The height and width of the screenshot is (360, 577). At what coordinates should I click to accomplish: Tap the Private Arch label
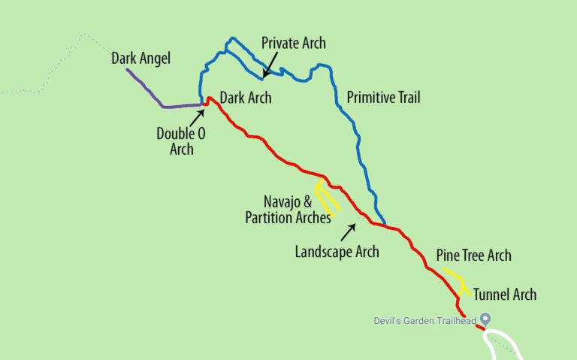[293, 43]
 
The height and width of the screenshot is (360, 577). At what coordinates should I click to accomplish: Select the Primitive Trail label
[383, 98]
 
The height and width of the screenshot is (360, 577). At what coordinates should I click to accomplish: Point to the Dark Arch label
[246, 98]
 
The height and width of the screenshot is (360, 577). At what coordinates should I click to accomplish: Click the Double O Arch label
[177, 141]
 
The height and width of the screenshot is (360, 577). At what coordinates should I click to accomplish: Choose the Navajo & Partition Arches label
[288, 210]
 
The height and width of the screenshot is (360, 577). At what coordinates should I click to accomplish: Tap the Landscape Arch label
[337, 252]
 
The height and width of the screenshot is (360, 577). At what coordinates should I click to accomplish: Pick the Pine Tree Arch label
[473, 256]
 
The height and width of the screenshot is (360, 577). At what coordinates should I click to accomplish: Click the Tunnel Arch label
[505, 294]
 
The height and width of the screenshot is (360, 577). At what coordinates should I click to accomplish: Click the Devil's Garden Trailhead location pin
[485, 319]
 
